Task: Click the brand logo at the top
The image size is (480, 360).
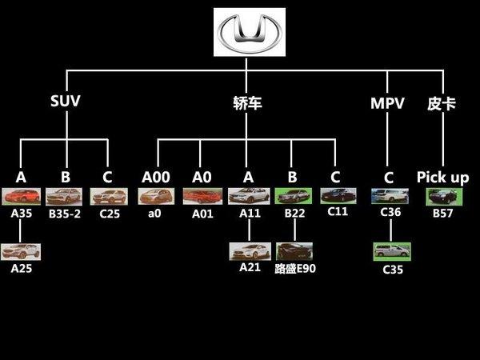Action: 250,32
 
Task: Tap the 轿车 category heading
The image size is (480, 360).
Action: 247,102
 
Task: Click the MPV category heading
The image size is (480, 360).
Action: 387,103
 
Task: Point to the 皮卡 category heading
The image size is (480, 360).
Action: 442,103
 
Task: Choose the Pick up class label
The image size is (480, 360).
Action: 442,178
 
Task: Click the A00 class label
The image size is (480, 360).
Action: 155,178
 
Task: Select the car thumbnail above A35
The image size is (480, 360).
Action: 21,196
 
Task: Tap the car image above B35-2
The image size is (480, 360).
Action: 64,196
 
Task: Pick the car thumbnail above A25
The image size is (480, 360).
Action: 21,252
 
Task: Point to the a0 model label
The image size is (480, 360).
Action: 155,214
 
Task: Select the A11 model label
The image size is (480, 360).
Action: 249,214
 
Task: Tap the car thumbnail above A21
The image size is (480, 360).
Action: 249,250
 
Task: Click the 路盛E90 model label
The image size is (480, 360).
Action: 295,269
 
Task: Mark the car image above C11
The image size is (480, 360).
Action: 338,195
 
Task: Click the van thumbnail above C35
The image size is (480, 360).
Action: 392,250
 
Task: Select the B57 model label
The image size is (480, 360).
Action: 442,214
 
